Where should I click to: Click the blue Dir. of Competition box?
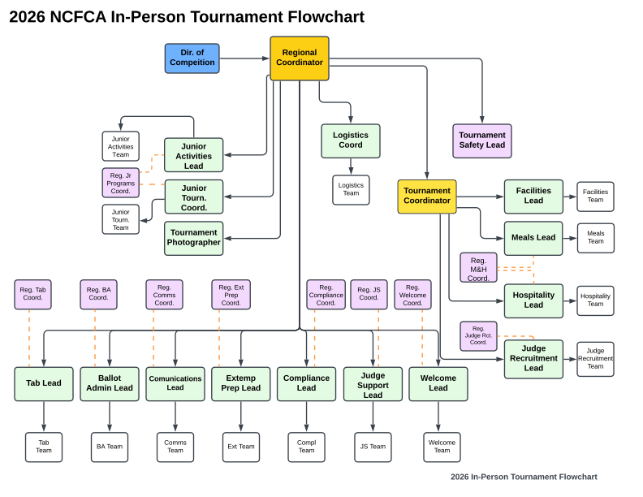click(x=192, y=58)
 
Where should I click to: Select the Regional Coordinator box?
click(x=300, y=58)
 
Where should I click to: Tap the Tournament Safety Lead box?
click(x=481, y=140)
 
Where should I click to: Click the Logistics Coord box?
click(x=351, y=140)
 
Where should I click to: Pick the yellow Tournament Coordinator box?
click(x=427, y=197)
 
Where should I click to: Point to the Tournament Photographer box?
click(x=193, y=238)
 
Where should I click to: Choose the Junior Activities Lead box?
click(x=193, y=155)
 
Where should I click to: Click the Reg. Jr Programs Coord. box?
click(x=120, y=183)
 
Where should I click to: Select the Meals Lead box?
click(x=533, y=238)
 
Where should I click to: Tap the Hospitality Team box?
click(x=595, y=300)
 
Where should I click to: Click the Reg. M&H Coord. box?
click(x=478, y=268)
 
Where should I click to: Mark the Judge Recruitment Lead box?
click(x=533, y=359)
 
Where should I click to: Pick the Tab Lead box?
click(x=44, y=383)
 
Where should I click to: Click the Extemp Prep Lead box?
click(x=241, y=383)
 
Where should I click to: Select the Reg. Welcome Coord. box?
click(x=412, y=295)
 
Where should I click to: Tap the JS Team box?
click(x=373, y=447)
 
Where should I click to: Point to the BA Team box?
click(x=110, y=447)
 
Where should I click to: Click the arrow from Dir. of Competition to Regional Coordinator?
click(x=244, y=58)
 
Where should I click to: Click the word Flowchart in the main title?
click(x=326, y=17)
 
